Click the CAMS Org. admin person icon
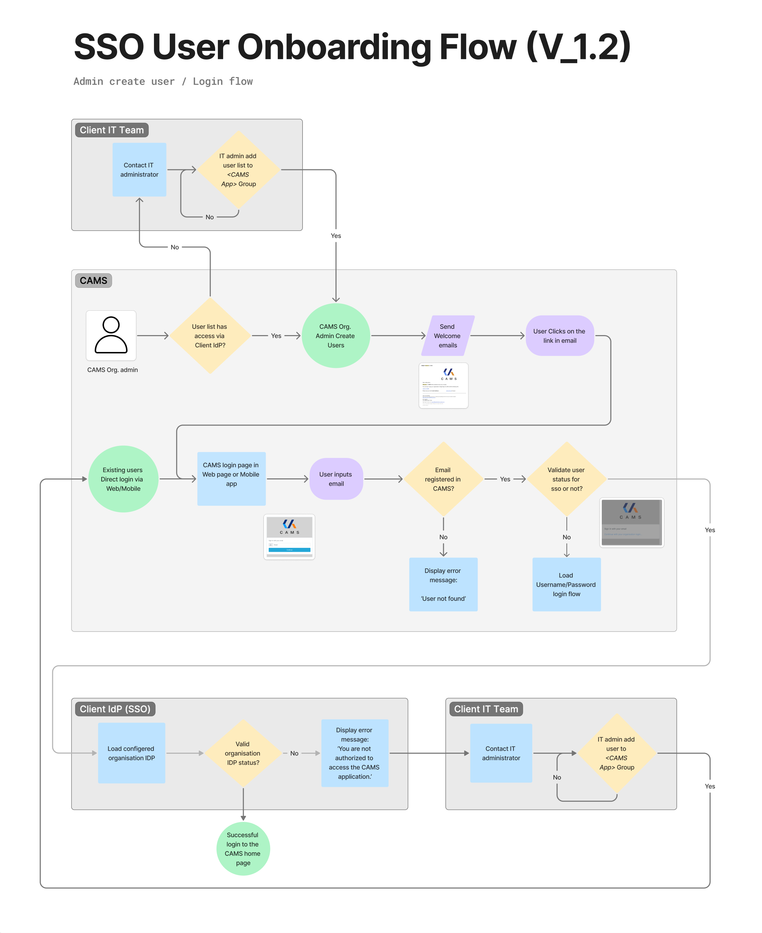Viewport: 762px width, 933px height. [111, 335]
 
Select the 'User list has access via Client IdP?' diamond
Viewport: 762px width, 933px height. [210, 335]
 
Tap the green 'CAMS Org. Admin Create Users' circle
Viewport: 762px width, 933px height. [336, 335]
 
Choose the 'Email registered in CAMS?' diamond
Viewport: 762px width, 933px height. [443, 479]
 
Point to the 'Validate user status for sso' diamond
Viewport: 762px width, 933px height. [566, 479]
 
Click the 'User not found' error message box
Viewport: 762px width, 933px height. [443, 584]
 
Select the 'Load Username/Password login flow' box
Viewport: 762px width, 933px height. [566, 584]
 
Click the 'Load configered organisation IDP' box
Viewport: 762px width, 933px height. [131, 753]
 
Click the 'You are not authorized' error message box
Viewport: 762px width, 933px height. [355, 753]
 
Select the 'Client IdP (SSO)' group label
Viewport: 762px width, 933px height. [115, 709]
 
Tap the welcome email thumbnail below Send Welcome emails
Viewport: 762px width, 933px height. [443, 385]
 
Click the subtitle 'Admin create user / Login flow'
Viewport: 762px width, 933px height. [163, 82]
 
